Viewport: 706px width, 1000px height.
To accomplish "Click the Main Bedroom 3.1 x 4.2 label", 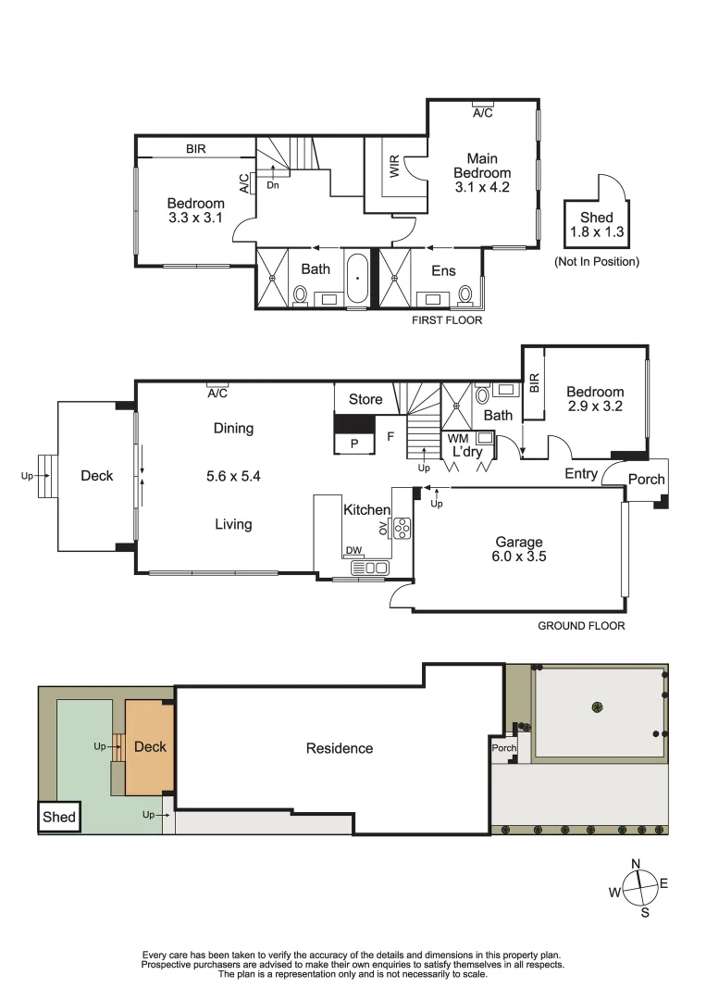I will pos(482,173).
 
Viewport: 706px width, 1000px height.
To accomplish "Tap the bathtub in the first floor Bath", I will pos(357,278).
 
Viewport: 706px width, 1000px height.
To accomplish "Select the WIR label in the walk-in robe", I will pos(395,168).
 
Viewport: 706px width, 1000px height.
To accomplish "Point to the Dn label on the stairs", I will pos(272,185).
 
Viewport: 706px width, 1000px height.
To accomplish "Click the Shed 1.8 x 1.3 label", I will pos(596,225).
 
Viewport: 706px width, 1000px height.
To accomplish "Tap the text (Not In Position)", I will pos(596,262).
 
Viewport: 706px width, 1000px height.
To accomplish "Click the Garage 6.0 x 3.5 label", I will pos(518,549).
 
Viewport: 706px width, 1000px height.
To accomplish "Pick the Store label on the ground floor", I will pos(365,400).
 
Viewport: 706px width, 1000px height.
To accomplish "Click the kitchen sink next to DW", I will pos(376,568).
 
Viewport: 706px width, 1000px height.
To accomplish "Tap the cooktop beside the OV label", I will pos(402,528).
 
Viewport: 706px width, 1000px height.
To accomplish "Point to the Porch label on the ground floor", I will pos(646,480).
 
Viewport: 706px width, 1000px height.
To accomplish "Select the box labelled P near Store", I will pos(354,444).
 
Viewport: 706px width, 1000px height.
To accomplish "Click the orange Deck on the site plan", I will pos(148,746).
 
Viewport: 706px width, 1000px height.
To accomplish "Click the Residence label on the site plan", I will pos(340,748).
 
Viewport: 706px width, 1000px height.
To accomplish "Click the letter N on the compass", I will pos(636,864).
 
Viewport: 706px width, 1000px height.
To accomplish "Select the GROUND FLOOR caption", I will pos(581,626).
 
